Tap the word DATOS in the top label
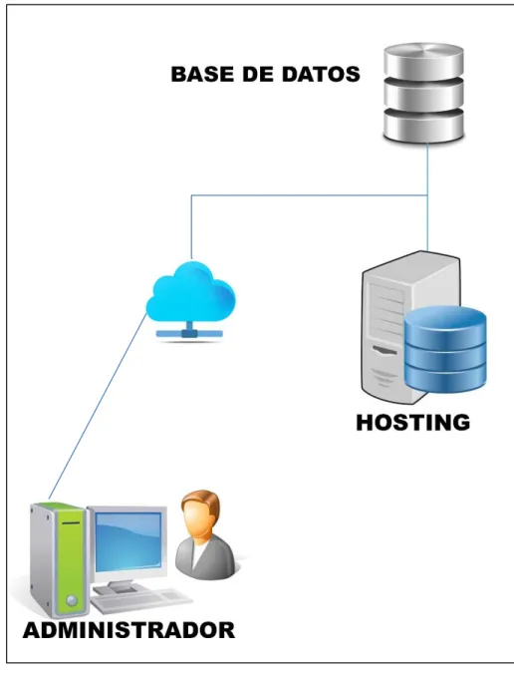[x=321, y=74]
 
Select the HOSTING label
[x=413, y=423]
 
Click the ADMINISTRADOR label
[x=128, y=630]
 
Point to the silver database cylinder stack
[x=423, y=93]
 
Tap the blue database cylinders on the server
[x=445, y=349]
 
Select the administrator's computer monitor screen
[x=128, y=540]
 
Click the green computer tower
[x=58, y=558]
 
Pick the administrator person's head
[x=200, y=513]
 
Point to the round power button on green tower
[x=72, y=600]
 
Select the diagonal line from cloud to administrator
[x=98, y=406]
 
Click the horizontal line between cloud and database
[x=309, y=195]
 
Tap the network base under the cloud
[x=189, y=333]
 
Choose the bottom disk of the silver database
[x=423, y=125]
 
